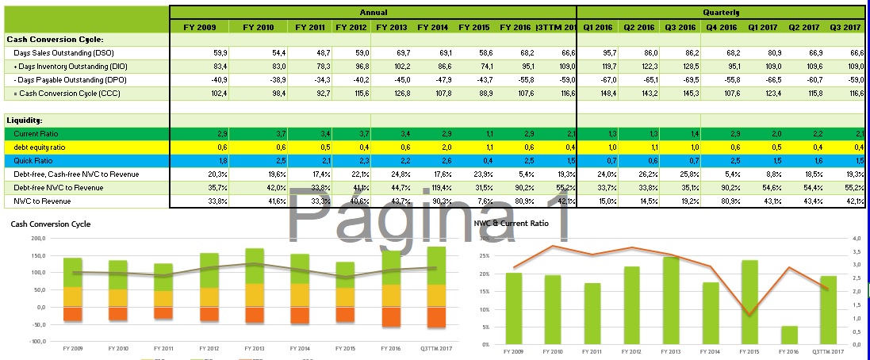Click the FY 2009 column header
(x=199, y=27)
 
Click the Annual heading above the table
(x=374, y=13)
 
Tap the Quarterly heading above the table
(x=720, y=13)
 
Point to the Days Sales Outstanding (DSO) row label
(x=54, y=52)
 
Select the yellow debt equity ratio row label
(x=40, y=147)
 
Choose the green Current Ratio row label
(x=36, y=134)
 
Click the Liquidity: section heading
(x=24, y=120)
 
